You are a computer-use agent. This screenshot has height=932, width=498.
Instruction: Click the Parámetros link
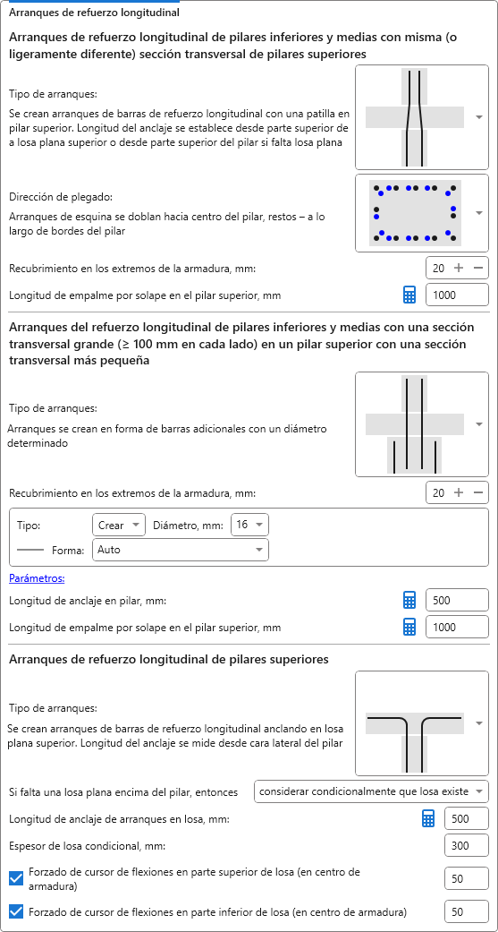pyautogui.click(x=37, y=577)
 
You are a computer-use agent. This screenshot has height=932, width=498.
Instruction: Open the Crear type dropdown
pyautogui.click(x=119, y=526)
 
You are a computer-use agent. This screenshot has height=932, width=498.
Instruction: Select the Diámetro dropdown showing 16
pyautogui.click(x=249, y=526)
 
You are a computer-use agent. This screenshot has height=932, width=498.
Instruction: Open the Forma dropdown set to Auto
pyautogui.click(x=181, y=550)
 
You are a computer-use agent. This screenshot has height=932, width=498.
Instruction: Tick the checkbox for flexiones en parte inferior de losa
pyautogui.click(x=17, y=911)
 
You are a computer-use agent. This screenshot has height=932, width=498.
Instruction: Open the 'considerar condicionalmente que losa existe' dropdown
pyautogui.click(x=371, y=791)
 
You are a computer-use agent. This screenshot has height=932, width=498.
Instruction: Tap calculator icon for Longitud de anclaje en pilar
pyautogui.click(x=409, y=601)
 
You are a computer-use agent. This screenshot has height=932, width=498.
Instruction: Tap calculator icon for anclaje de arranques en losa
pyautogui.click(x=428, y=819)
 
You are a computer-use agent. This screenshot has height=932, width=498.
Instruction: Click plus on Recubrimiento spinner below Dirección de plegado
pyautogui.click(x=459, y=268)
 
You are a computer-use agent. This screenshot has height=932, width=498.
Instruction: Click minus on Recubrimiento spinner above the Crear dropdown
pyautogui.click(x=478, y=492)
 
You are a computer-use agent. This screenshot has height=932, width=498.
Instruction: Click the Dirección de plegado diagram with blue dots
pyautogui.click(x=414, y=213)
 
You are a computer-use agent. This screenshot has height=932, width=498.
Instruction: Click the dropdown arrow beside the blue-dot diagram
pyautogui.click(x=479, y=213)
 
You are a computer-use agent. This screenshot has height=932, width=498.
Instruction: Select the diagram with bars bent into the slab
pyautogui.click(x=414, y=723)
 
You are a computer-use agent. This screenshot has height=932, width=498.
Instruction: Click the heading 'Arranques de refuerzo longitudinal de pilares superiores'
pyautogui.click(x=169, y=659)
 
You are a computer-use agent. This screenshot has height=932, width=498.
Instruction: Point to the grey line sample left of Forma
pyautogui.click(x=30, y=551)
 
